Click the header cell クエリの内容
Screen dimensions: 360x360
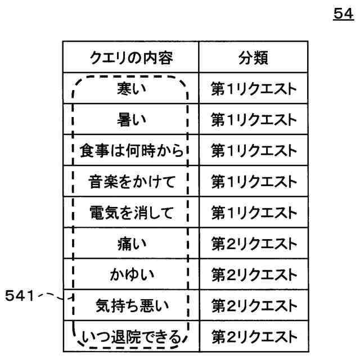[130, 57]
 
